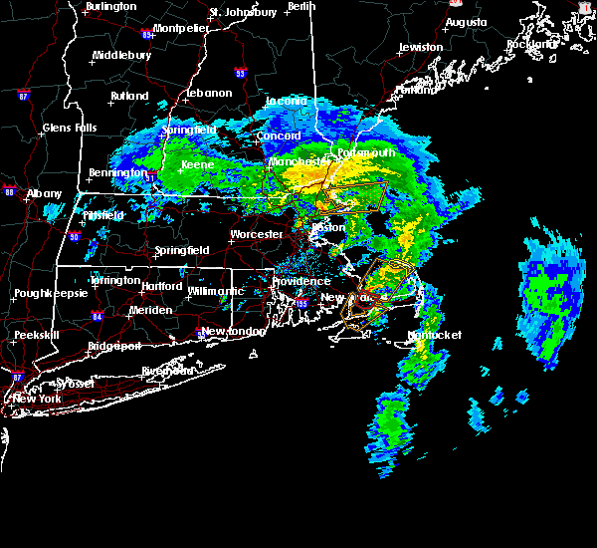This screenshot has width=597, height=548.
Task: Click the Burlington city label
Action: [110, 6]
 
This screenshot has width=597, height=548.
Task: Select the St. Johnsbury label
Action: [242, 12]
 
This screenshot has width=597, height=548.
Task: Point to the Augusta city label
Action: [467, 21]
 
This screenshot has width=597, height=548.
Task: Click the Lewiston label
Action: [420, 47]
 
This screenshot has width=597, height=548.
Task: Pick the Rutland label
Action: [129, 96]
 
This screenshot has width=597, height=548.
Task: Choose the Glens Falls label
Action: [70, 128]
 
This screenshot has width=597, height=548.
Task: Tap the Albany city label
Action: [44, 193]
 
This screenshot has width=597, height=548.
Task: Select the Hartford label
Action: [161, 286]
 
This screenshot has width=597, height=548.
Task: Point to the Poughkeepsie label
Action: [48, 294]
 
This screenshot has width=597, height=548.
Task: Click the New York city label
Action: [37, 399]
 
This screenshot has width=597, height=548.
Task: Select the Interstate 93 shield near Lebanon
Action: [240, 73]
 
